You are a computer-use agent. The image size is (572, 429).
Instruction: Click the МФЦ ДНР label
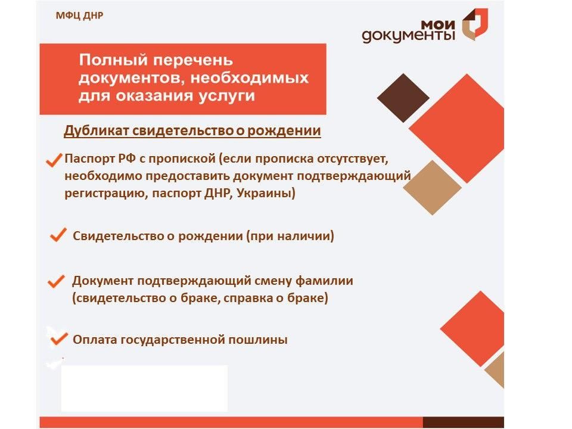click(x=79, y=15)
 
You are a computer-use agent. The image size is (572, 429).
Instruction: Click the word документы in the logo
click(x=408, y=36)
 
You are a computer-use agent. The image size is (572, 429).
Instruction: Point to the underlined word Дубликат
click(x=96, y=131)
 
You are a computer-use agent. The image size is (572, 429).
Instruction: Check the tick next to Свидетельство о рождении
click(x=58, y=236)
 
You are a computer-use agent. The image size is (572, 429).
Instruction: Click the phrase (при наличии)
click(x=290, y=236)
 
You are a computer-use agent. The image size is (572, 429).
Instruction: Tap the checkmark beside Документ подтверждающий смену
click(x=56, y=281)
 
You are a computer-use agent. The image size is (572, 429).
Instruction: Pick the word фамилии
click(x=322, y=281)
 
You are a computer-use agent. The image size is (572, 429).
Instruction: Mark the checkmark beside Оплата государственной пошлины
click(x=58, y=339)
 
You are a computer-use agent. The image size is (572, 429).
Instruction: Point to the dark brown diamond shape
click(x=403, y=98)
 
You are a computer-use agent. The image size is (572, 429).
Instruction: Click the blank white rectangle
click(x=144, y=388)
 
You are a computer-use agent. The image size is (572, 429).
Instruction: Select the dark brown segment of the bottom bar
click(x=463, y=422)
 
